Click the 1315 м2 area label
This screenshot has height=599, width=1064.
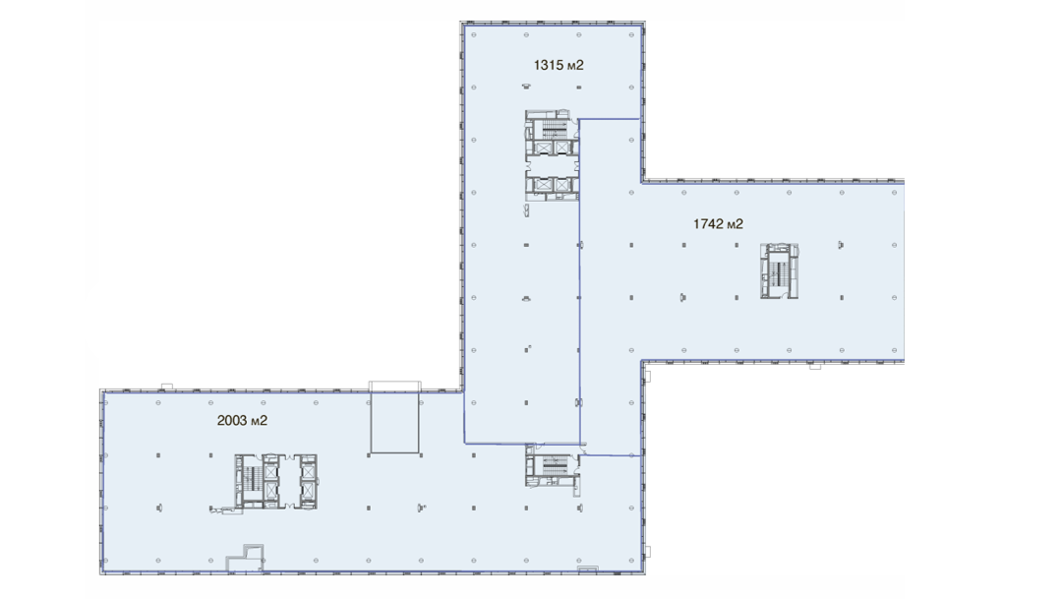click(559, 65)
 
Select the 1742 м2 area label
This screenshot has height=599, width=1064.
click(718, 224)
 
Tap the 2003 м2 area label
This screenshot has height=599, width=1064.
click(242, 421)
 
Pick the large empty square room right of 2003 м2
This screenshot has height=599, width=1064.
click(395, 422)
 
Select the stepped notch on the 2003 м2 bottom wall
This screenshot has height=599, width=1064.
click(245, 557)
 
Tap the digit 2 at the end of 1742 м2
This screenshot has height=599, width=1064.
click(739, 224)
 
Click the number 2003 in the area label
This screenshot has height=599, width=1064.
click(232, 421)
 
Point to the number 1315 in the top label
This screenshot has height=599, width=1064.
click(549, 65)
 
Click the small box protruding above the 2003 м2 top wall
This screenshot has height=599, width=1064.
click(166, 387)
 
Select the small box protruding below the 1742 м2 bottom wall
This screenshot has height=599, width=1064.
click(815, 366)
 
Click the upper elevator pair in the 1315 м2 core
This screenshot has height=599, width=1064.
click(553, 148)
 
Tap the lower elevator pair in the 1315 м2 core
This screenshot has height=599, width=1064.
click(553, 184)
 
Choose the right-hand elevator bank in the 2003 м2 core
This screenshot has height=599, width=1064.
click(308, 481)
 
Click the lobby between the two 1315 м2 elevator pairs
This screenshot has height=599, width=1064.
click(553, 165)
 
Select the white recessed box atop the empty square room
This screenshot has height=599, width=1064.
click(395, 388)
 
